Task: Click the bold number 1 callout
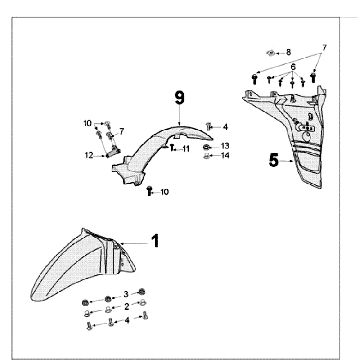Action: click(x=155, y=241)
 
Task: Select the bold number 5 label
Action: click(x=274, y=161)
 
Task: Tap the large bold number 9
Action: click(x=179, y=97)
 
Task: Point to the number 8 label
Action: click(x=288, y=52)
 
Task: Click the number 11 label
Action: click(x=186, y=149)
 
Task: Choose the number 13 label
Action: click(x=225, y=146)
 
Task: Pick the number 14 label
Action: click(x=225, y=155)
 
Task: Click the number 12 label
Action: click(x=89, y=155)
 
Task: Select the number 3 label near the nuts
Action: click(x=126, y=294)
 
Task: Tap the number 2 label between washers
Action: click(x=126, y=307)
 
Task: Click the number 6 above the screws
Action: click(x=293, y=67)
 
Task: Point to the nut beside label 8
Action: click(x=271, y=53)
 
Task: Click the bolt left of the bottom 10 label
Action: click(x=150, y=191)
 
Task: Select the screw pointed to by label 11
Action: click(x=172, y=147)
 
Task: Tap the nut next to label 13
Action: click(x=207, y=147)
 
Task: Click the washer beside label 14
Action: click(x=207, y=156)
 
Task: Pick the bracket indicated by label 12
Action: click(x=113, y=152)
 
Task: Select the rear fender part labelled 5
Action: click(x=288, y=133)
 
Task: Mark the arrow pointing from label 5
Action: click(x=286, y=161)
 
